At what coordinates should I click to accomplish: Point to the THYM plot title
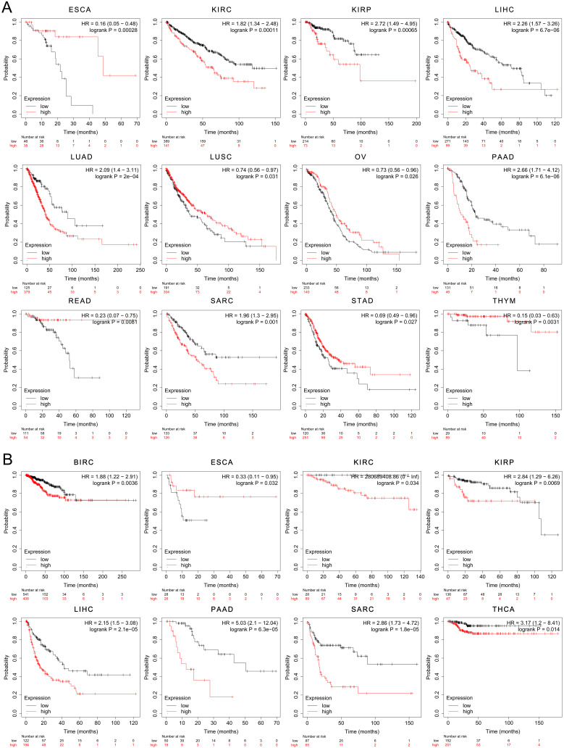click(x=495, y=304)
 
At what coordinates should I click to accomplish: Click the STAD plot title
click(x=355, y=304)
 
